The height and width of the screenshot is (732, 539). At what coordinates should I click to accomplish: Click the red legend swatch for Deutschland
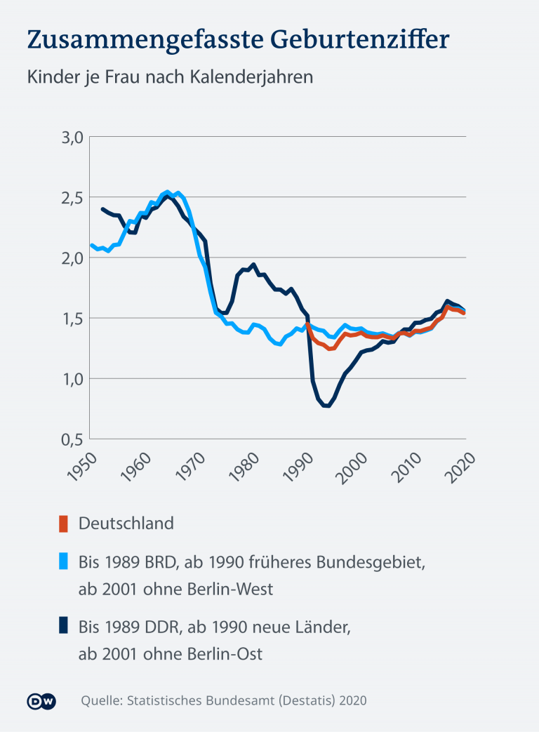63,524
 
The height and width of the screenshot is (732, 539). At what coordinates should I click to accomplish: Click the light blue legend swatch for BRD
63,561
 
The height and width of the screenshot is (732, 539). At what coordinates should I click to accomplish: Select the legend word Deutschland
126,524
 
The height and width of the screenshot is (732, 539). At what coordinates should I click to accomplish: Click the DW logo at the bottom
41,700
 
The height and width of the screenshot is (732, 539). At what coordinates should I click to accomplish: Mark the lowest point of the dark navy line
326,406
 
